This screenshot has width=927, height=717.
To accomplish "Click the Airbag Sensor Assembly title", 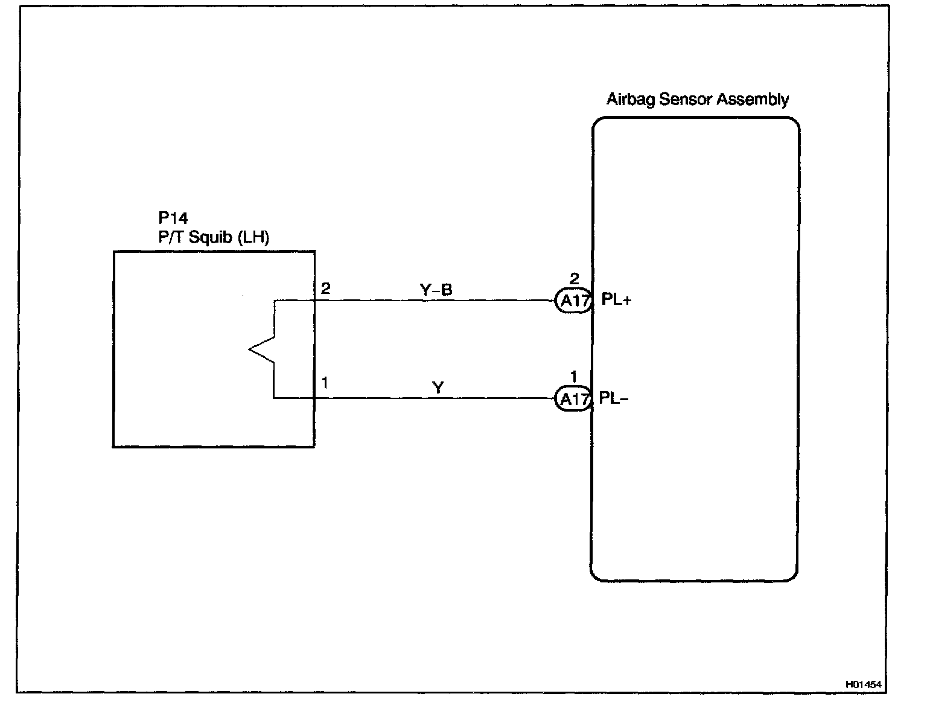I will (x=697, y=99).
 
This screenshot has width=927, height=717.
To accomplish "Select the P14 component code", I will (x=173, y=218).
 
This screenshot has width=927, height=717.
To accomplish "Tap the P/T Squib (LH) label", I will (x=214, y=237).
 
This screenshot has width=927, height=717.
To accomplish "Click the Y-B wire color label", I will (x=436, y=290).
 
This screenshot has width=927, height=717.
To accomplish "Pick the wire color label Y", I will (x=438, y=388).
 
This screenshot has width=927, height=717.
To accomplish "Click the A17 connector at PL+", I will (x=573, y=301).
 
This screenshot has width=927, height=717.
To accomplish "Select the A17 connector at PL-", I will (x=573, y=399).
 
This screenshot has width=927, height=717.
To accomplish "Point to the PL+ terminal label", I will (x=616, y=300).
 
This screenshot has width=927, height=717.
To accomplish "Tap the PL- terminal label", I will (x=614, y=398).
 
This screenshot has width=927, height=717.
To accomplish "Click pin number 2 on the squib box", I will (x=325, y=288).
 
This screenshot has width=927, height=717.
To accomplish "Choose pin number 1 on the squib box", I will (x=325, y=383).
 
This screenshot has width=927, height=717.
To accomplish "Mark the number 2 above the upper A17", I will (x=574, y=278).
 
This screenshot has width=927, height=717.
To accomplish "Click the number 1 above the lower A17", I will (x=574, y=377).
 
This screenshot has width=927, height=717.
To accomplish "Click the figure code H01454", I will (x=863, y=684).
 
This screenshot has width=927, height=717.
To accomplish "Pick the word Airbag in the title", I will (x=630, y=99).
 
